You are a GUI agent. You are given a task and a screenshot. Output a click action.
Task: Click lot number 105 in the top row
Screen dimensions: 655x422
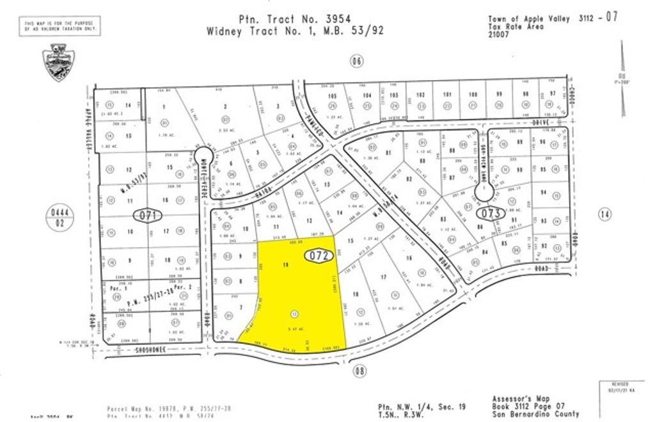pos(331,95)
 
